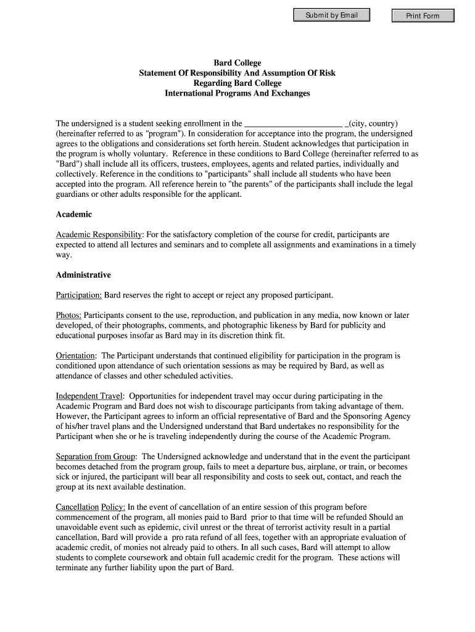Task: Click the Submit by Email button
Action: tap(331, 15)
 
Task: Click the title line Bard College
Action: tap(238, 63)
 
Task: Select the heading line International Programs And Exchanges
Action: tap(238, 93)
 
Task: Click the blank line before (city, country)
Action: tap(294, 123)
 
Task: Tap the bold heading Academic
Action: tap(73, 214)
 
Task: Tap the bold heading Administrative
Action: tap(83, 275)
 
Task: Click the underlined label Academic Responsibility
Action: tap(99, 235)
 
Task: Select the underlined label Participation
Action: tap(79, 295)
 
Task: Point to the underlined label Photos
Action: tap(68, 315)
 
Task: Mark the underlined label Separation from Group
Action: tap(96, 457)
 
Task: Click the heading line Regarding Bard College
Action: tap(238, 83)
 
